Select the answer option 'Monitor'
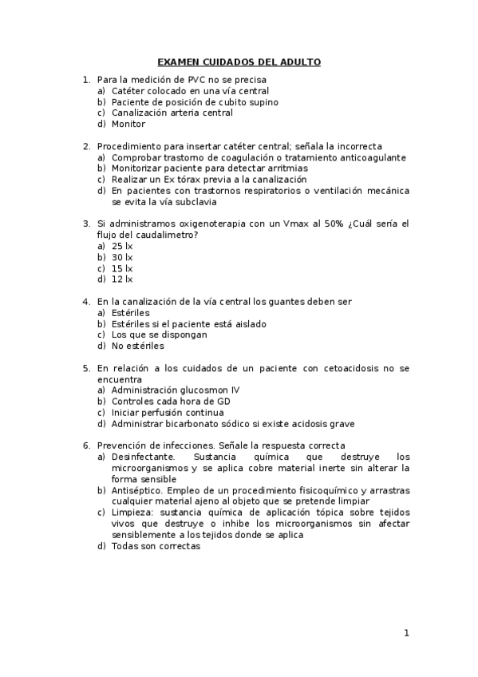coord(128,124)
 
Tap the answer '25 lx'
coord(122,246)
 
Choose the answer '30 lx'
coord(122,257)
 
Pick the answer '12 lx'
coord(122,279)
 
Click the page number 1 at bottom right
coord(406,634)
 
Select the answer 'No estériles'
coord(138,346)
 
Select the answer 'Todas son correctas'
coord(156,546)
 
